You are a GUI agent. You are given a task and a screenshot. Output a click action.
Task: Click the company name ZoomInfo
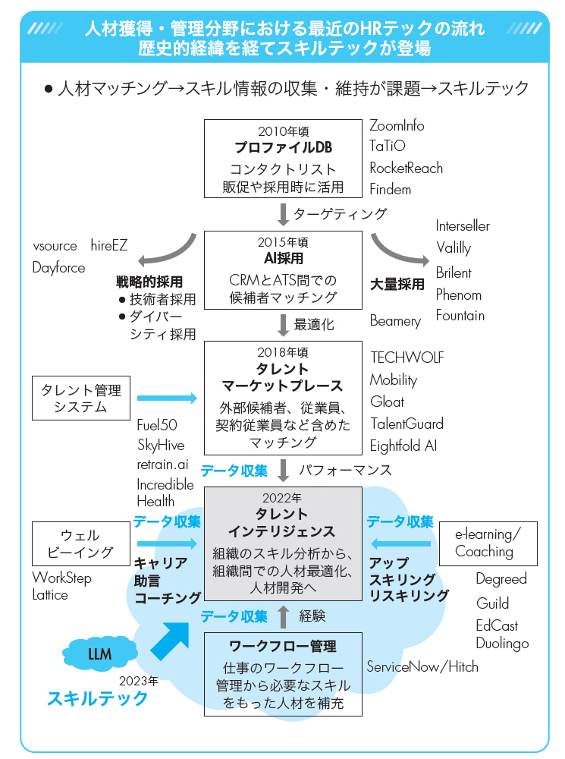[397, 126]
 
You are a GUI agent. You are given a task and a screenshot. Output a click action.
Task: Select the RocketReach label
[406, 168]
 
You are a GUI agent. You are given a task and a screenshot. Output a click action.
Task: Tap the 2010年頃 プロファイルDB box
[283, 158]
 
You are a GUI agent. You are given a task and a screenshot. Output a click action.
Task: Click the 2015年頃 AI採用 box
[283, 269]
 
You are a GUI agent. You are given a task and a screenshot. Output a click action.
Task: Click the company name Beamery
[394, 321]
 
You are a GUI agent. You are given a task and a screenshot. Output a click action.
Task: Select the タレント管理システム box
[80, 398]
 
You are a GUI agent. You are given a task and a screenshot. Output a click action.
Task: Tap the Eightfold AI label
[403, 446]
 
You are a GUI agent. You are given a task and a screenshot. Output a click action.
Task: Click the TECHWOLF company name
[406, 357]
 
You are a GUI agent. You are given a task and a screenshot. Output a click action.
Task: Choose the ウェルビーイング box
[80, 543]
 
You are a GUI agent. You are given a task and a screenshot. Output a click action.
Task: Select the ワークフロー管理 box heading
[283, 647]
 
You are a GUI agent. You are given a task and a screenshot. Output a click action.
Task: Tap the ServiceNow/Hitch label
[422, 667]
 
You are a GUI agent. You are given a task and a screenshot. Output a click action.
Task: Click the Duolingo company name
[501, 643]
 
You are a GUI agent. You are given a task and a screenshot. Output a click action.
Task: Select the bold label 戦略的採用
[149, 282]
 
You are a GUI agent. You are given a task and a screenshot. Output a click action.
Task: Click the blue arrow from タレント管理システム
[167, 398]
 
